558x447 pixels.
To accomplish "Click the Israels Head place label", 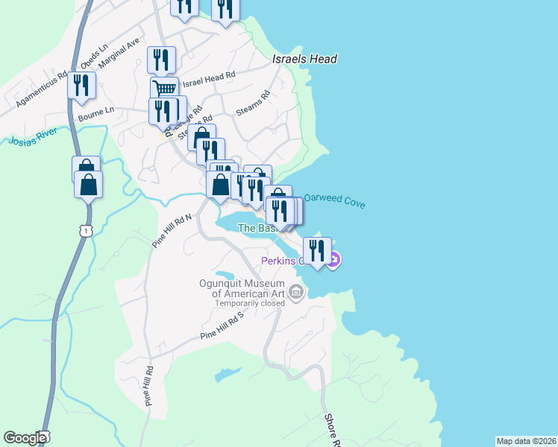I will point(304,59).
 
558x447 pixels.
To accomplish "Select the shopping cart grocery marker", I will point(164,89).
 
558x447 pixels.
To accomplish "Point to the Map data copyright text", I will point(527,441).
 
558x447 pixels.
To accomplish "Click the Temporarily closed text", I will point(251,303).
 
